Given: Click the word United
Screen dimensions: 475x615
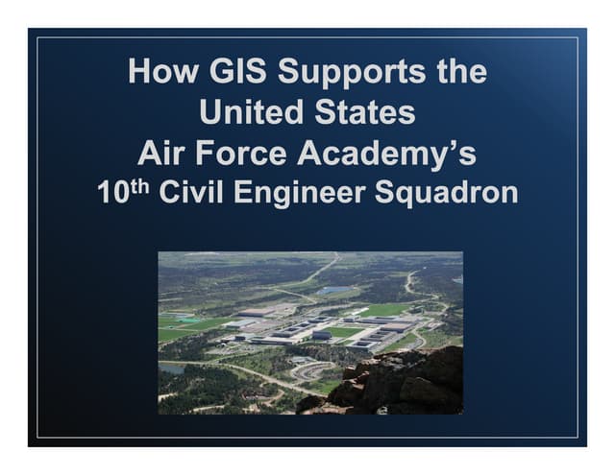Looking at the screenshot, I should click(x=254, y=112).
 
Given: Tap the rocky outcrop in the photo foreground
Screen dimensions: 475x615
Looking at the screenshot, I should click(x=404, y=384).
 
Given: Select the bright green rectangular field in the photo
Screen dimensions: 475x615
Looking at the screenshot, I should click(x=386, y=309).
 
